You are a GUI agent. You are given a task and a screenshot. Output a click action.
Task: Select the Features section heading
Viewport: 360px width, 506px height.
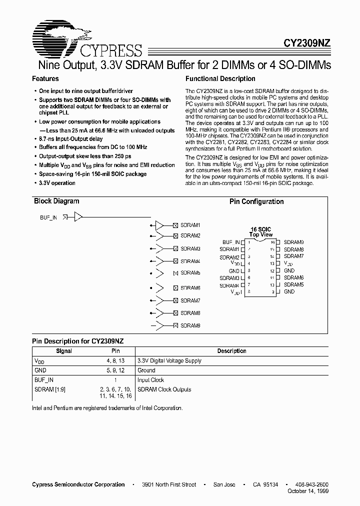[45, 78]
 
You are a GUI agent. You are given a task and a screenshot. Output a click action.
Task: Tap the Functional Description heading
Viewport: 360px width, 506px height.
[220, 78]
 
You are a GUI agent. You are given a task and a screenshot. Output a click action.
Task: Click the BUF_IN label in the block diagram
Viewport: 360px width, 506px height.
[48, 217]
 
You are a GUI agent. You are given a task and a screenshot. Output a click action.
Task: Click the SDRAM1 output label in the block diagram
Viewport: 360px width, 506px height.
[190, 225]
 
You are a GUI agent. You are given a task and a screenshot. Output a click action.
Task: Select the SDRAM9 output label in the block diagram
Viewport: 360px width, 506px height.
[190, 325]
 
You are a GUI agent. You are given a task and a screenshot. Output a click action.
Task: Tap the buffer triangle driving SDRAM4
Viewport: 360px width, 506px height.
[159, 261]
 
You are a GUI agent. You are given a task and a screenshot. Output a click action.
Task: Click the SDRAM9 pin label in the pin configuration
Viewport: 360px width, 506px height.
[293, 242]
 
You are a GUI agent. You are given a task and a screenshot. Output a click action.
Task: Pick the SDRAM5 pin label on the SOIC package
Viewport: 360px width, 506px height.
[293, 284]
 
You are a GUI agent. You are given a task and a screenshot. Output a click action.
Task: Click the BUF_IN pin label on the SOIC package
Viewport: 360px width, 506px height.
[231, 242]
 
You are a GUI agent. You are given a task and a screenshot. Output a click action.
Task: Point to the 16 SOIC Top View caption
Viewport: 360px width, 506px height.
[260, 231]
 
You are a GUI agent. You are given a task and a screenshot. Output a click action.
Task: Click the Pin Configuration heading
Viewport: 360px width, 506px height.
[256, 201]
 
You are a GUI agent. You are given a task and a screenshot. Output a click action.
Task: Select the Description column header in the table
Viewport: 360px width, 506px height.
[231, 351]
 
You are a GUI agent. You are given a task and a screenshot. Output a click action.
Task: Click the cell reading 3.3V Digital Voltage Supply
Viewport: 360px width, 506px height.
[169, 360]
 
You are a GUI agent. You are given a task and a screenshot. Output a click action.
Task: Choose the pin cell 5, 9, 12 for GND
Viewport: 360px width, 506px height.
[115, 370]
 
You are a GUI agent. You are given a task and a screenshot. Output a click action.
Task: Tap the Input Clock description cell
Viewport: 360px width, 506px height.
[150, 380]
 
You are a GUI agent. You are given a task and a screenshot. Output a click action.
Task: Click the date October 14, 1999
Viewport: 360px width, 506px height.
[308, 491]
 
